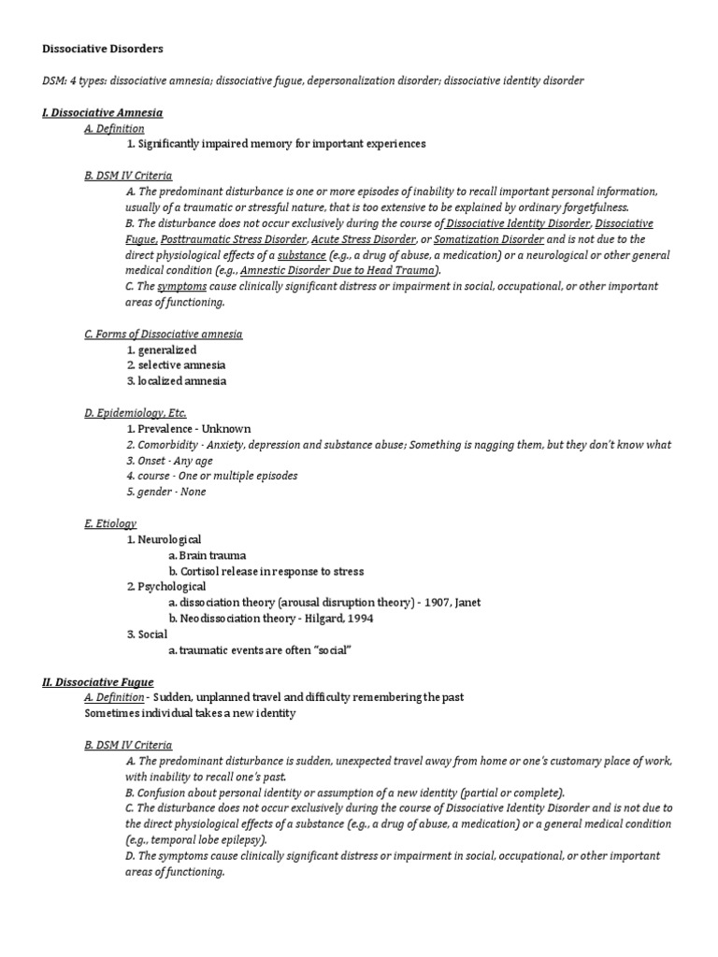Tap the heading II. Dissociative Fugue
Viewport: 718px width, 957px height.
point(97,682)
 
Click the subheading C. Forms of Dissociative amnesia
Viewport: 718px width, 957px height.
point(163,334)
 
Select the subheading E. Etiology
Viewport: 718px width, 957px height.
point(110,523)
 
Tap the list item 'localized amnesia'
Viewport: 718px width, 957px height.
point(181,381)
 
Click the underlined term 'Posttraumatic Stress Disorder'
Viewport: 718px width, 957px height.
point(237,239)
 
